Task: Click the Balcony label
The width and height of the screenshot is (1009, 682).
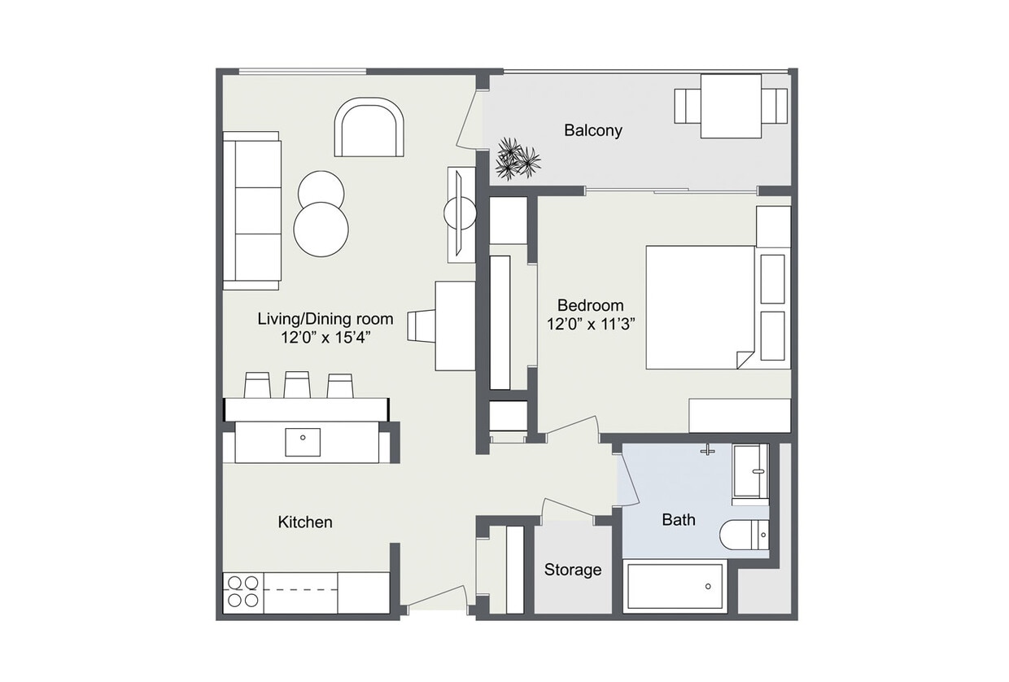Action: pos(593,130)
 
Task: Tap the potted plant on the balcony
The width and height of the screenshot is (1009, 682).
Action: pos(516,159)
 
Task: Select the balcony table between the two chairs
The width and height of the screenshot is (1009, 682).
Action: pos(731,106)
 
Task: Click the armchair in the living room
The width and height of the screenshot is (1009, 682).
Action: pos(369,129)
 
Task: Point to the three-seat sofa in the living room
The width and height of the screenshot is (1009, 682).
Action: pos(252,211)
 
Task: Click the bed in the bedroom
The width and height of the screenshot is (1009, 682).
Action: pos(700,308)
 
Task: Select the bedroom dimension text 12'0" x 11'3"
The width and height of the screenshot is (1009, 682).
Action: pos(591,323)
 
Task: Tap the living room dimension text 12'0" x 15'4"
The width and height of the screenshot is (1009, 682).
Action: pos(325,337)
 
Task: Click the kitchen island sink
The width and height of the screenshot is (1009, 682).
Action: pos(303,442)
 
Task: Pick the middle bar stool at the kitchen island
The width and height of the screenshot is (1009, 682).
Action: pos(297,385)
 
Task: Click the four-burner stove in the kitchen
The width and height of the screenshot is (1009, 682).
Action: pos(242,592)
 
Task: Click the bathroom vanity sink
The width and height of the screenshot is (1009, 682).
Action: pos(749,471)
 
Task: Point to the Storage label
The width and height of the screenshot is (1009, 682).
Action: pos(573,570)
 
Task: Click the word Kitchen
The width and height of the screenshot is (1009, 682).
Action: pos(305,522)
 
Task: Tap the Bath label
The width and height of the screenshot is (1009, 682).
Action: pos(679,519)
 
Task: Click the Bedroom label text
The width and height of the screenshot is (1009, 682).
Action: pos(591,305)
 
